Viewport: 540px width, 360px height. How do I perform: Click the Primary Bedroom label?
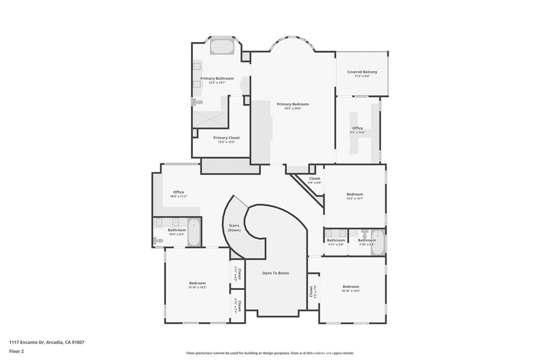coord(293,104)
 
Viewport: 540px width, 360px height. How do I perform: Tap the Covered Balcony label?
coord(362,72)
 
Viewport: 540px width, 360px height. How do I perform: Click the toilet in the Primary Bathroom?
coord(197,102)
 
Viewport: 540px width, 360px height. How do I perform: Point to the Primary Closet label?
coord(226,138)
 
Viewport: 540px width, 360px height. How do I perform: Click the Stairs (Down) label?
coord(234,228)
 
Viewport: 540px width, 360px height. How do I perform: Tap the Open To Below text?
coord(276,273)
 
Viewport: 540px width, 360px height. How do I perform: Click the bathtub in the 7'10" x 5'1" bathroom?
coord(378,243)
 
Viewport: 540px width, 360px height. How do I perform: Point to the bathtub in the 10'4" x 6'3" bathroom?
coord(194,232)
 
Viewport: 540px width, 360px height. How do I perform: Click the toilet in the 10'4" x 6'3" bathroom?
coord(159,240)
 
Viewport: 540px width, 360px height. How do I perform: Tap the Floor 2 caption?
coord(16,351)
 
